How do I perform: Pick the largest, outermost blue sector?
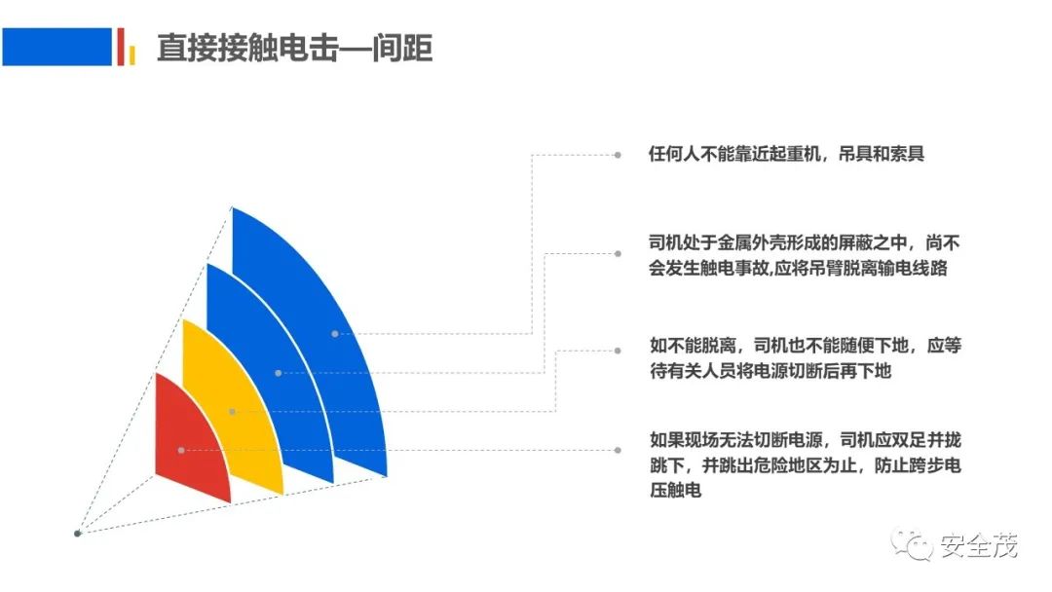pyautogui.click(x=322, y=335)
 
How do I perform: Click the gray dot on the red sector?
pyautogui.click(x=181, y=451)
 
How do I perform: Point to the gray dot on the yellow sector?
pyautogui.click(x=232, y=412)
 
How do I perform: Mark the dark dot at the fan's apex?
pyautogui.click(x=77, y=534)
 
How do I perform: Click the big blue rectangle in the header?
pyautogui.click(x=57, y=47)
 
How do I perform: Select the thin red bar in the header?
pyautogui.click(x=121, y=47)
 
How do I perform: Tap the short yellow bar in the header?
pyautogui.click(x=132, y=55)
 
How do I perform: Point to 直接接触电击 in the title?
pyautogui.click(x=246, y=49)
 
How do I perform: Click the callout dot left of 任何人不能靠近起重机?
pyautogui.click(x=618, y=155)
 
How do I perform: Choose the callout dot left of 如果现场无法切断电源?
pyautogui.click(x=618, y=451)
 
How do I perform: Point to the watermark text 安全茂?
pyautogui.click(x=979, y=545)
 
